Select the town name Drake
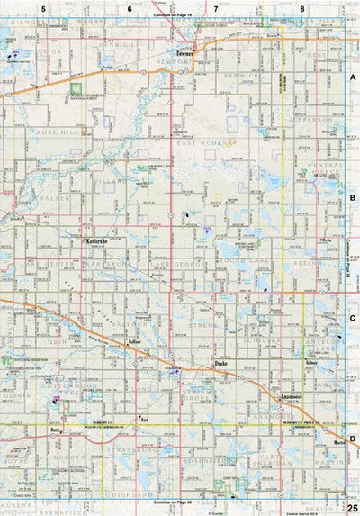[x=222, y=363]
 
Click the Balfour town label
[x=136, y=343]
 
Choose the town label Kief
[x=144, y=420]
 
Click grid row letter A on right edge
[x=353, y=78]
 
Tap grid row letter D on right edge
[x=353, y=439]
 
